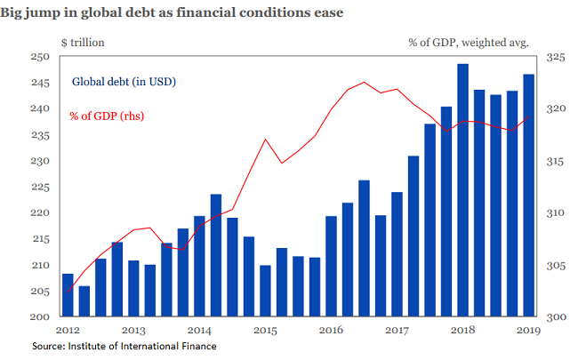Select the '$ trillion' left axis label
pos(82,42)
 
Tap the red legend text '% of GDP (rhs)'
pos(108,116)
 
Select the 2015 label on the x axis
pos(264,331)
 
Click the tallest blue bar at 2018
pos(462,190)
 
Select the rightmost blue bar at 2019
pos(528,195)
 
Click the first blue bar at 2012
pos(68,295)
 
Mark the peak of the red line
pos(364,83)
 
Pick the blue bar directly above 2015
pos(265,291)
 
